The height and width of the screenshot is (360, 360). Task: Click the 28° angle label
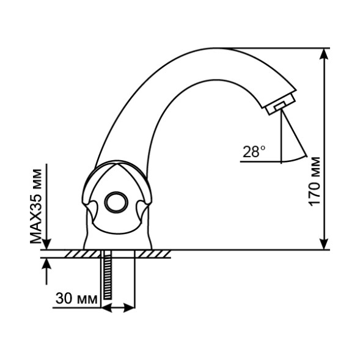tap(254, 152)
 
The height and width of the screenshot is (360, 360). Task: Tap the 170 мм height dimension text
tap(315, 182)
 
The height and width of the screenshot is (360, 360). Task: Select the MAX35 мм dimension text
tap(39, 205)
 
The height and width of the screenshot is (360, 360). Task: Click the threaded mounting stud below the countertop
tap(108, 277)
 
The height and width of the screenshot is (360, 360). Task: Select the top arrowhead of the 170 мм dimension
tap(324, 54)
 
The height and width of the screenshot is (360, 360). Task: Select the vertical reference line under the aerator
tap(282, 138)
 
